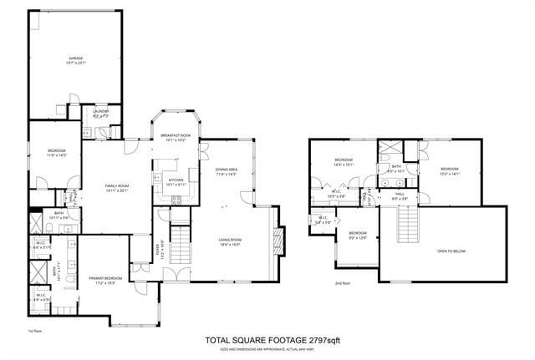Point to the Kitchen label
(176, 181)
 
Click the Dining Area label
(227, 172)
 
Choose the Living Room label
(230, 242)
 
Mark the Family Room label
(116, 187)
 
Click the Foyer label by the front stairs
(160, 249)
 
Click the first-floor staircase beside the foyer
(181, 242)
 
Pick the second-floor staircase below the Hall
(407, 224)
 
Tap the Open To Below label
(452, 251)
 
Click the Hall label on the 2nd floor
(400, 195)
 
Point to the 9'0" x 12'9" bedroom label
(358, 235)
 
